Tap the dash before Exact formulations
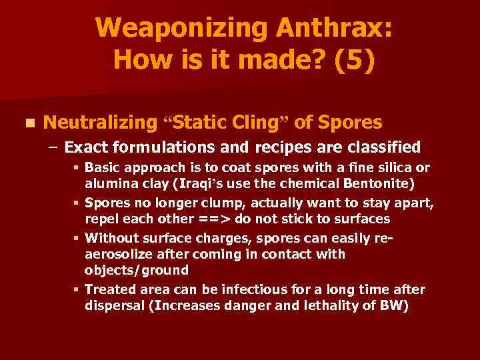[x=55, y=147]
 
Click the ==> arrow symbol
[x=215, y=219]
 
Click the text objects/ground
[x=137, y=270]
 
